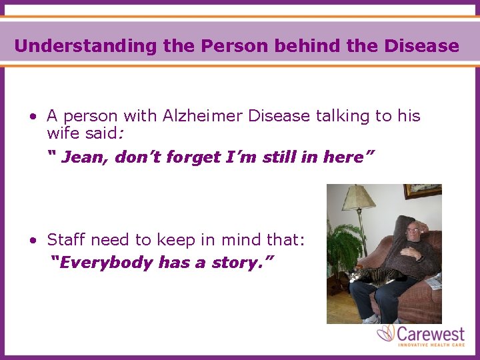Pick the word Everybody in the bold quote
pos(106,263)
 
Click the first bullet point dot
pos(32,117)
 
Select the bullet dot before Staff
pos(32,240)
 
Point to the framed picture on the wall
pos(423,191)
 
